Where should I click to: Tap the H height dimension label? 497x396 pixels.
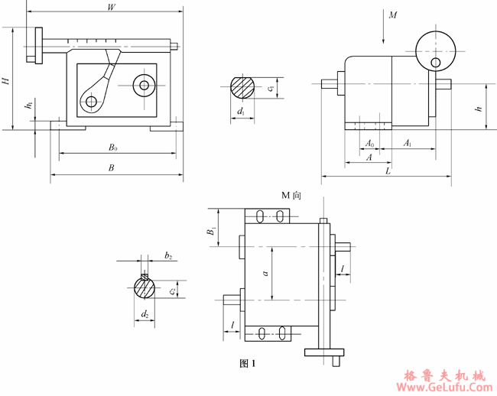pos(6,80)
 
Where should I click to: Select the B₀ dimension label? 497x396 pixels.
pos(112,148)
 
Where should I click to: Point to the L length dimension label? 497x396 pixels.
pos(388,171)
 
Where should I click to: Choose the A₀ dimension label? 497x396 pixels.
pos(369,143)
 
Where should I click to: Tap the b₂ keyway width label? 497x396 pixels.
pos(168,255)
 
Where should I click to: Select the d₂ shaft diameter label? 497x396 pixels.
pos(145,313)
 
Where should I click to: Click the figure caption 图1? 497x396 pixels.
pos(246,362)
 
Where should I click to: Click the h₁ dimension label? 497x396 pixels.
pos(28,109)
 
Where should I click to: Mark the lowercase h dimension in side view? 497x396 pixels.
pos(478,109)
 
